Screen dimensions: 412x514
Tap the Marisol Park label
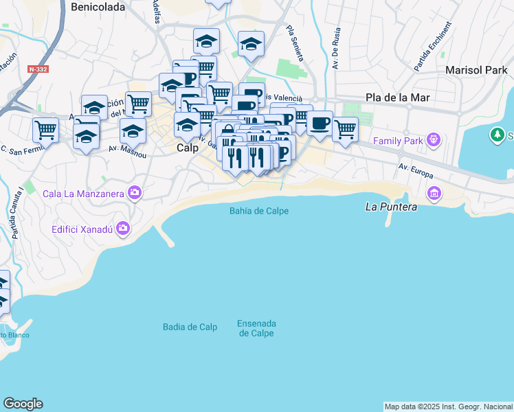point(476,70)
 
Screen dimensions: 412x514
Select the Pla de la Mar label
point(398,98)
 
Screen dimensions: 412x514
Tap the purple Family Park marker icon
point(433,141)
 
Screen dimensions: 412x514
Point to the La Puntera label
point(390,206)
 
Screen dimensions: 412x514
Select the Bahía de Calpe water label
point(259,211)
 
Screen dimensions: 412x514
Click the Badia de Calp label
point(190,327)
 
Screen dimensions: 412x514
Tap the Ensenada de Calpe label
point(256,328)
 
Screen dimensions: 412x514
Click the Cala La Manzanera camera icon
point(135,193)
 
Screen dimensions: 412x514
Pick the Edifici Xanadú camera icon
point(123,227)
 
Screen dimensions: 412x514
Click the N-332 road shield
point(38,69)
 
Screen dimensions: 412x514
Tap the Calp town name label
point(188,148)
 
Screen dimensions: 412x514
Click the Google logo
point(23,404)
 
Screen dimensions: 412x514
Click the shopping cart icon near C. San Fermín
point(45,129)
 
